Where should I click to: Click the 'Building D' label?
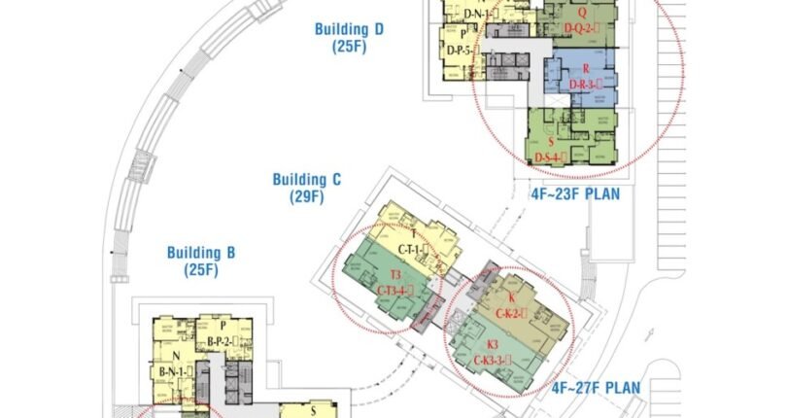(349, 29)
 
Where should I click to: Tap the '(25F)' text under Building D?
(349, 47)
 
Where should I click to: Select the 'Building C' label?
(306, 179)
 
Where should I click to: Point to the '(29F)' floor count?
(306, 196)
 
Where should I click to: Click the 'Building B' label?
(201, 253)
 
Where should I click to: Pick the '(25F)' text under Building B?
(201, 270)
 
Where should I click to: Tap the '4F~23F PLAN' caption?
(575, 193)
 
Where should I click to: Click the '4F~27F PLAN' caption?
(597, 388)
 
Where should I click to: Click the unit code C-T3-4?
(395, 290)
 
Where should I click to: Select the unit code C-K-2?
(511, 313)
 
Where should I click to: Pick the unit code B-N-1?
(178, 370)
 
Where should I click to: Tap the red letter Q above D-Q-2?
(581, 13)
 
